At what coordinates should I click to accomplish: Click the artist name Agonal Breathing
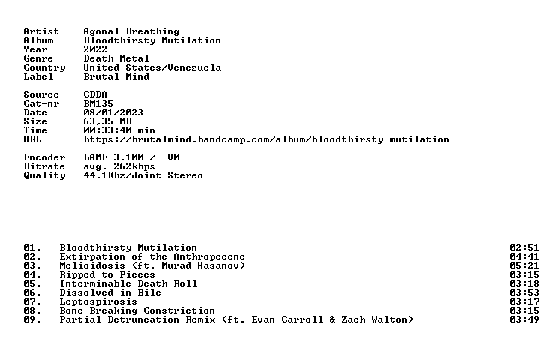click(131, 31)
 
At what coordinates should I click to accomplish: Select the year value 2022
click(95, 49)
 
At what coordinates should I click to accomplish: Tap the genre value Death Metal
click(116, 58)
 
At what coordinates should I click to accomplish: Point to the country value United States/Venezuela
click(152, 67)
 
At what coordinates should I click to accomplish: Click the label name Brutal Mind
click(116, 76)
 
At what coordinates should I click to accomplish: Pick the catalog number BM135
click(98, 103)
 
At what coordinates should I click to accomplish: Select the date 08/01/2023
click(113, 112)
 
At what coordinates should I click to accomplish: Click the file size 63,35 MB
click(107, 121)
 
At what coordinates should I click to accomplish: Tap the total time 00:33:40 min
click(119, 130)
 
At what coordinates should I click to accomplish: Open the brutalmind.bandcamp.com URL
click(266, 139)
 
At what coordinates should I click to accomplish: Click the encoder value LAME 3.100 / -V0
click(131, 157)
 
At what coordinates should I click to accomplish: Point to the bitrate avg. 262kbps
click(119, 166)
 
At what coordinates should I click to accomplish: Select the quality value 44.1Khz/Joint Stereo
click(143, 175)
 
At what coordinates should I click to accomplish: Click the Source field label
click(41, 94)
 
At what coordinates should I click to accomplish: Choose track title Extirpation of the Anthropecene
click(152, 256)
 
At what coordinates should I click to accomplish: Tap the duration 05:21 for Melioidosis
click(524, 265)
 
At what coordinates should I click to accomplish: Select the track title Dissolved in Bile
click(110, 292)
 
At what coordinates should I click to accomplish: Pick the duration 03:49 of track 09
click(524, 319)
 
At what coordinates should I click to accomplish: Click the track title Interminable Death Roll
click(128, 283)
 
